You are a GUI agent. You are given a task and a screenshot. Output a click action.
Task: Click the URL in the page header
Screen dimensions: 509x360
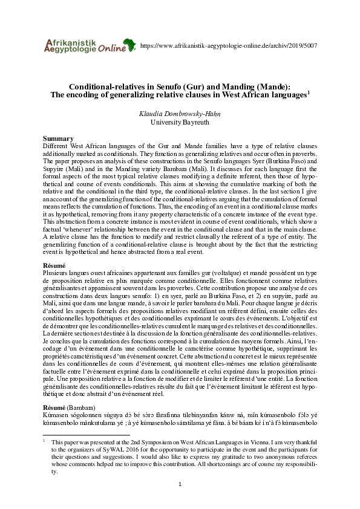coord(229,46)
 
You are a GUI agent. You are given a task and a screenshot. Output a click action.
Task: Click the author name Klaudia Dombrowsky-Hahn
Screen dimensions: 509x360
coord(180,113)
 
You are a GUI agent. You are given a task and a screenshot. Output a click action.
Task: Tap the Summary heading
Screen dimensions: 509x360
coord(59,138)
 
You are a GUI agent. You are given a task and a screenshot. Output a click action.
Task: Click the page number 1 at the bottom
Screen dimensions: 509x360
coord(180,485)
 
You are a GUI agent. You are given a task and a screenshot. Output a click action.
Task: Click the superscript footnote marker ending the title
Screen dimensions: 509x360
coord(309,92)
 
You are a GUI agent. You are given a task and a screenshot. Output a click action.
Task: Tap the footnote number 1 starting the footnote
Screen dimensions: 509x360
coord(44,441)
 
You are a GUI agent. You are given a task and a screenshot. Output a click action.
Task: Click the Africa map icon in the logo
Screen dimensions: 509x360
coord(129,44)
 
